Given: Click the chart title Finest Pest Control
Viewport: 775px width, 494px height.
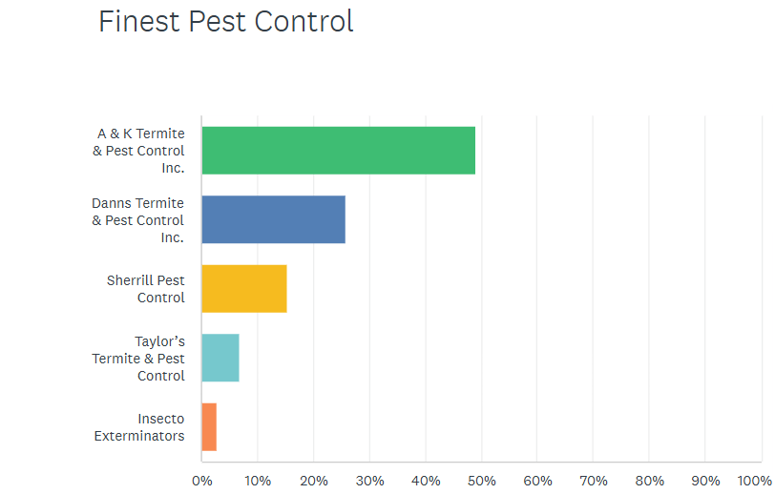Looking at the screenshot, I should [x=226, y=21].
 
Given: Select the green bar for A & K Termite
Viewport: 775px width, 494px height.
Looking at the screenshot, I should [x=338, y=151].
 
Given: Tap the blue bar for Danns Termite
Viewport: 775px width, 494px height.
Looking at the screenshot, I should [x=273, y=219].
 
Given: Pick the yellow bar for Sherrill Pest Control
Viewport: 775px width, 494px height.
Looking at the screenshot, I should [x=243, y=289].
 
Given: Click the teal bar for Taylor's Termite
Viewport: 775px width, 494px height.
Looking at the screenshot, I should [x=220, y=358].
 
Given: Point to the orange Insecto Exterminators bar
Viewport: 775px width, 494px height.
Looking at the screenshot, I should [x=209, y=427].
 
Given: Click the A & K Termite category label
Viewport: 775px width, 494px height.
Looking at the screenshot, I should [x=139, y=151].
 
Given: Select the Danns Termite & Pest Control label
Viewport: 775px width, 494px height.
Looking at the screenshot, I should [x=138, y=219].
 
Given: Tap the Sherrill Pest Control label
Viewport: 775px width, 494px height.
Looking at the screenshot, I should [x=146, y=289].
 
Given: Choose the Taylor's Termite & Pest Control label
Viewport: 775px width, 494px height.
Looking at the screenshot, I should [x=139, y=358].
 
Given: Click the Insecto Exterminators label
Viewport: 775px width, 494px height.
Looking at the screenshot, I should [x=139, y=427].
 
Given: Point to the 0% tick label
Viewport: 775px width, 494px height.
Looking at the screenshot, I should [x=201, y=480].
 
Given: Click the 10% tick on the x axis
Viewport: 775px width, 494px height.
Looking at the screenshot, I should [x=258, y=480].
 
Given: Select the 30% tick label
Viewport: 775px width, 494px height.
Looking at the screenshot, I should [x=369, y=480].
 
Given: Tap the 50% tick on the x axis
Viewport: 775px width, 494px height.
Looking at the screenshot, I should [x=481, y=480].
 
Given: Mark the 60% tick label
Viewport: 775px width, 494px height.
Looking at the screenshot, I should [x=537, y=480].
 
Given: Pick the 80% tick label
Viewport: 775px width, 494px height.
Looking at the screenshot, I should [x=649, y=480].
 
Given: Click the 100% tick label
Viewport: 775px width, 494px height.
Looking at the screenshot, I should [x=754, y=480].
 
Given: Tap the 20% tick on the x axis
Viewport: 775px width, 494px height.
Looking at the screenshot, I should [x=313, y=480].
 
